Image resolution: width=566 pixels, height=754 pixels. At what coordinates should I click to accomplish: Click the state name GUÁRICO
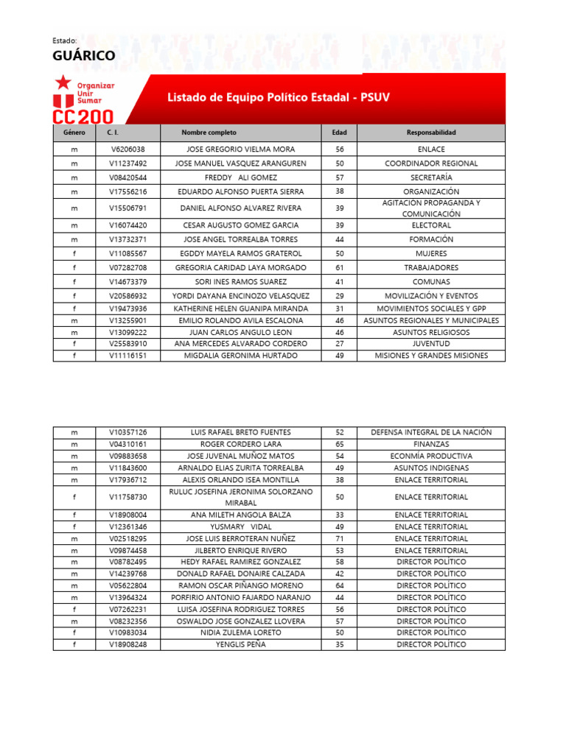[83, 57]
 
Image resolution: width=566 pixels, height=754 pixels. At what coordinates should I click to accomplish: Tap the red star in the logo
[65, 82]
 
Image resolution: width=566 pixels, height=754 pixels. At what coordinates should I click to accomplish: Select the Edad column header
[339, 133]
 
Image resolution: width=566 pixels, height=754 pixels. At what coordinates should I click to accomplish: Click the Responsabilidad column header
[431, 133]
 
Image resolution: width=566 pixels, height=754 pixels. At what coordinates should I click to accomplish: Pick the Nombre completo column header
[209, 133]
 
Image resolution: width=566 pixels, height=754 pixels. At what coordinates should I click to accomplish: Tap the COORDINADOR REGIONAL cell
[431, 163]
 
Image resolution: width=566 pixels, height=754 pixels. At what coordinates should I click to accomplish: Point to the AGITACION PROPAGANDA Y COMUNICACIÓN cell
[431, 208]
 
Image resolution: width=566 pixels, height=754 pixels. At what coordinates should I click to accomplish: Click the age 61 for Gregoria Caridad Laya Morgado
[339, 268]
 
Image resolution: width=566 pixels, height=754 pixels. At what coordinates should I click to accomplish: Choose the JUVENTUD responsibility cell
[431, 344]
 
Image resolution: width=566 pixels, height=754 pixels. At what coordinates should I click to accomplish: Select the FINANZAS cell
[431, 445]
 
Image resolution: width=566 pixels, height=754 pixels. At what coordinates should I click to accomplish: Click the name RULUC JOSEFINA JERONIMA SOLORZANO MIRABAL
[241, 497]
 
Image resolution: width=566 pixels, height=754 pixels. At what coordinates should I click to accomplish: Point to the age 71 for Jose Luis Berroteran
[339, 539]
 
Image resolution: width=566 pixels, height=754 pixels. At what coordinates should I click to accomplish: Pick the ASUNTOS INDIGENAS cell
[431, 468]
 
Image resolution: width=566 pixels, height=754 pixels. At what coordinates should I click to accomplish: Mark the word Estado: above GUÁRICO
[65, 40]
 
